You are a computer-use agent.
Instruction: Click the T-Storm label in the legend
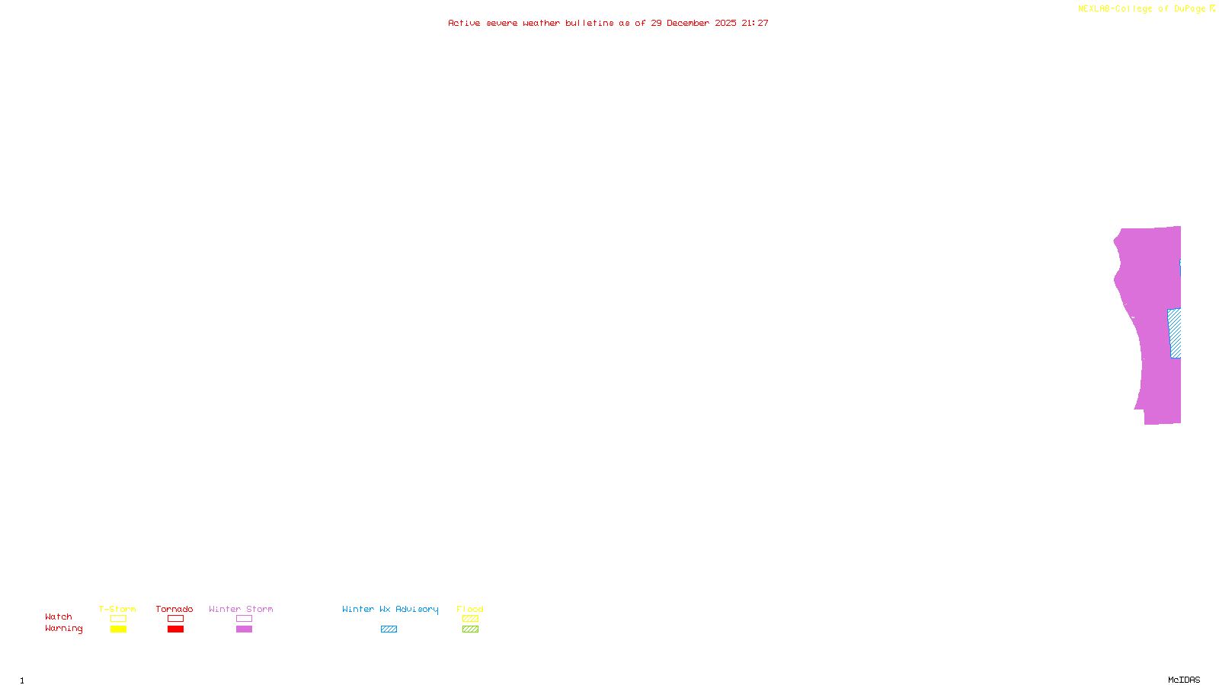pyautogui.click(x=117, y=609)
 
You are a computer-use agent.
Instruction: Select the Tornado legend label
pyautogui.click(x=174, y=609)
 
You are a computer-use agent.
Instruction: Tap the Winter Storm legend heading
pyautogui.click(x=241, y=609)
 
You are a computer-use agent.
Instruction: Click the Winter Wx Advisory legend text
pyautogui.click(x=390, y=609)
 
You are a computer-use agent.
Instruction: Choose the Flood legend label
pyautogui.click(x=470, y=609)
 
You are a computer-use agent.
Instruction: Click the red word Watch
pyautogui.click(x=59, y=616)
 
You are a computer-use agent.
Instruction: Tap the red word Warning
pyautogui.click(x=64, y=629)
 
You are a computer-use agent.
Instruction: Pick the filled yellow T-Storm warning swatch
pyautogui.click(x=118, y=629)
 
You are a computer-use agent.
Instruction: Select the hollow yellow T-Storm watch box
pyautogui.click(x=118, y=619)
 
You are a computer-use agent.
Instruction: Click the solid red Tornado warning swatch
pyautogui.click(x=176, y=629)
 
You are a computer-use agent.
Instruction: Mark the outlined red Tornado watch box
pyautogui.click(x=176, y=619)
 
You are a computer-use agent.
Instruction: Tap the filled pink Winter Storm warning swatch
pyautogui.click(x=244, y=629)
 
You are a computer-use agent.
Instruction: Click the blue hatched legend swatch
pyautogui.click(x=389, y=629)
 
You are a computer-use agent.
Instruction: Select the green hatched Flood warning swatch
pyautogui.click(x=471, y=629)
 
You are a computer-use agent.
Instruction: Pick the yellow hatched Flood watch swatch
pyautogui.click(x=471, y=619)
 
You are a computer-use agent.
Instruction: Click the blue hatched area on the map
pyautogui.click(x=1175, y=333)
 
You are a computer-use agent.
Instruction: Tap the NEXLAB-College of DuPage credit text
pyautogui.click(x=1142, y=9)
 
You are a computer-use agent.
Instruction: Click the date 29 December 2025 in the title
pyautogui.click(x=693, y=24)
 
